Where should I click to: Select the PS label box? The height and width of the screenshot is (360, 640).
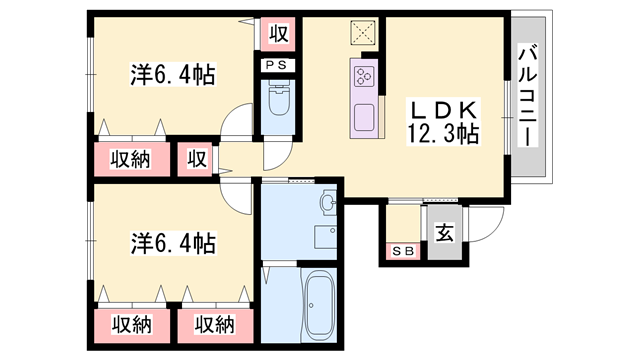[x=277, y=66]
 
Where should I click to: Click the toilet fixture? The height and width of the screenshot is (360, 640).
[x=278, y=101]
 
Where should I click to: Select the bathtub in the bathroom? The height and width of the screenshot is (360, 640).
[x=320, y=304]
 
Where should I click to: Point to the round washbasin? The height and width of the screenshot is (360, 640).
[x=327, y=205]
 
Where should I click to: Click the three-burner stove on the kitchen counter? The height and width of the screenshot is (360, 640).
[x=363, y=74]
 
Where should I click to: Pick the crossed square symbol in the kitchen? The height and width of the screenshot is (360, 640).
[x=361, y=33]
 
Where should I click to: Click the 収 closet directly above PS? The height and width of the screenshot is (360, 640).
[x=278, y=33]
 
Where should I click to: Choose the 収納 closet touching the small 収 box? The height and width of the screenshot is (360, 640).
[x=130, y=159]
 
